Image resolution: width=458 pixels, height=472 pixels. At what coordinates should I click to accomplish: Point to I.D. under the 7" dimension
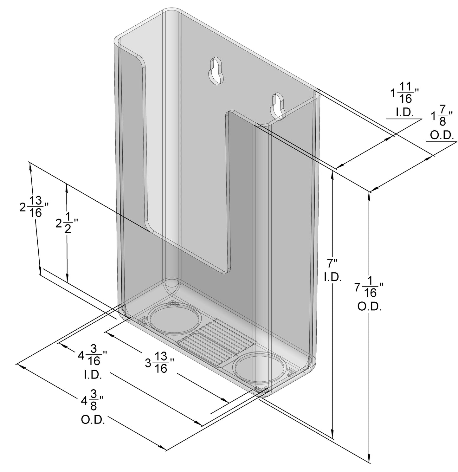point(332,277)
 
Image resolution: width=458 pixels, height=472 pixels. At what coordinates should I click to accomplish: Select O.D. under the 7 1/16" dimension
point(369,306)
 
